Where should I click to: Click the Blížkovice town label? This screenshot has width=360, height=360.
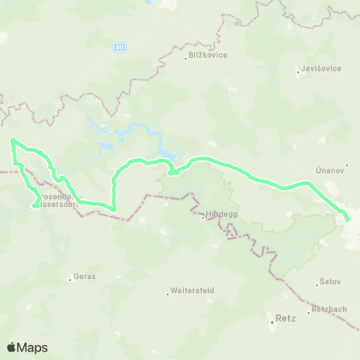point(208,55)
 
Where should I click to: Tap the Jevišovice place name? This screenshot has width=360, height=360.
point(322,69)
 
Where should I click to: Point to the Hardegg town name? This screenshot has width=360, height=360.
point(220,214)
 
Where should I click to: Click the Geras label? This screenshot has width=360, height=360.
point(83,277)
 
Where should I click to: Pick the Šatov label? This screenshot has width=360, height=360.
point(330,282)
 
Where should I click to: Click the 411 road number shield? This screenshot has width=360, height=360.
point(120,47)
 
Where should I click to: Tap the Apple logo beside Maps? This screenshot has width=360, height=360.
point(11,347)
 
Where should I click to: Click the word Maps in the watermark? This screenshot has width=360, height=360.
point(32,347)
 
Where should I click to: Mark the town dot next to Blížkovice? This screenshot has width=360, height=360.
point(185,57)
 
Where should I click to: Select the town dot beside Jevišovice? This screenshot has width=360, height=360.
point(299,70)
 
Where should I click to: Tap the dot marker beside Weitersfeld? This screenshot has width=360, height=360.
point(168,292)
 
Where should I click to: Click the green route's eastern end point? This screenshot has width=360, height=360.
point(347,219)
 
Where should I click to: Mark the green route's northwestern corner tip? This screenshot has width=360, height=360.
point(11,139)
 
